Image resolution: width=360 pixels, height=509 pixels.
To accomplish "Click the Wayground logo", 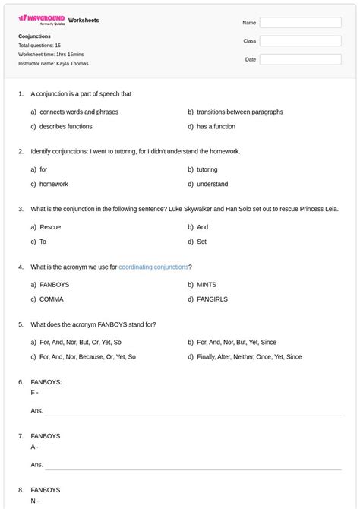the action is (x=41, y=19).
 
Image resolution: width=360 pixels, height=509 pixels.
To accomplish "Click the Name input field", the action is (x=300, y=23).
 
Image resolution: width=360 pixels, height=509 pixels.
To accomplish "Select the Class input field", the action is (x=300, y=41).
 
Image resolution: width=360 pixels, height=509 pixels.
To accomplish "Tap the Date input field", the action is (x=300, y=59).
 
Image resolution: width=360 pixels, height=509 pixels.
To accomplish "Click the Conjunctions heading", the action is (x=34, y=36).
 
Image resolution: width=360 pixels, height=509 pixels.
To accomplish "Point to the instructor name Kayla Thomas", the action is (x=53, y=64).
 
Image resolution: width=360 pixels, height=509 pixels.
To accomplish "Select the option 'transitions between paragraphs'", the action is (x=239, y=112).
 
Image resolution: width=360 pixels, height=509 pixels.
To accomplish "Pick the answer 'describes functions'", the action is (x=65, y=127).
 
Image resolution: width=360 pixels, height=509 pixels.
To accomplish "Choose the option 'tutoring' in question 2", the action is (x=207, y=169).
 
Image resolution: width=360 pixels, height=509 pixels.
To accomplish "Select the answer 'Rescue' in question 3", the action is (x=50, y=227).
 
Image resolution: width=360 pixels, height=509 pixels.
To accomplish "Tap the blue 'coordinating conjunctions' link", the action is (x=153, y=267).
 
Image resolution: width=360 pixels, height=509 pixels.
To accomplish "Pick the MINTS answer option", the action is (x=206, y=285).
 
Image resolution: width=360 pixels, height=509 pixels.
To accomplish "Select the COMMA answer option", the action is (x=52, y=299).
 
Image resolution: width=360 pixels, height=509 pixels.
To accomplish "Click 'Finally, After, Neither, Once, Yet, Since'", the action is (x=248, y=357).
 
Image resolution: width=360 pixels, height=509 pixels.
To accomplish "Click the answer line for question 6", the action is (x=193, y=411).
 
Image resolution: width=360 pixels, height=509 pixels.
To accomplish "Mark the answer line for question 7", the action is (x=193, y=465).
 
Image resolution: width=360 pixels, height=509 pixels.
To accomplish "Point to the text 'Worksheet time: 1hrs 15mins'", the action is (x=51, y=55).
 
